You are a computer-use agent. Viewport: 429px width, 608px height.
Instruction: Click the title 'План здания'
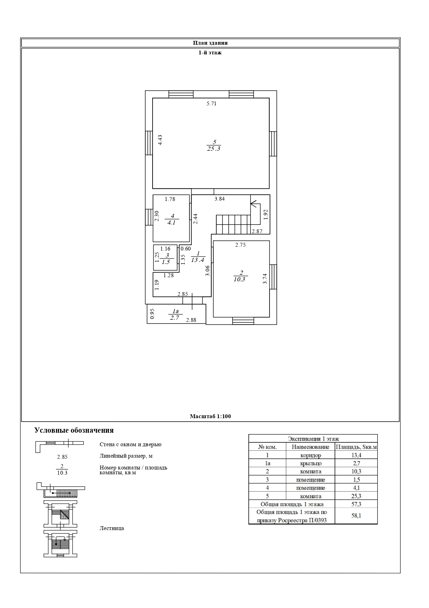pyautogui.click(x=210, y=43)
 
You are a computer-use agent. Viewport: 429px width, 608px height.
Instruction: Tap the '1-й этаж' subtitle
pyautogui.click(x=210, y=53)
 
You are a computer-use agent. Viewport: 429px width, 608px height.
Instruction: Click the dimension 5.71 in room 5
pyautogui.click(x=211, y=103)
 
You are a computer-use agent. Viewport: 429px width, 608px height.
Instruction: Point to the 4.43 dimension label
pyautogui.click(x=160, y=140)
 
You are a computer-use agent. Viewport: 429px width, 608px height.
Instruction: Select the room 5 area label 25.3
pyautogui.click(x=213, y=149)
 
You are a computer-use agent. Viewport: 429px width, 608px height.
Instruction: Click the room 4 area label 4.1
pyautogui.click(x=172, y=222)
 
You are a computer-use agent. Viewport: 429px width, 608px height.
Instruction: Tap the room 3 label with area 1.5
pyautogui.click(x=167, y=259)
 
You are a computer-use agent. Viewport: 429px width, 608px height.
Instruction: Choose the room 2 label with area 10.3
pyautogui.click(x=240, y=276)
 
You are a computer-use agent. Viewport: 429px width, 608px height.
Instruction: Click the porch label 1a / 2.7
pyautogui.click(x=175, y=315)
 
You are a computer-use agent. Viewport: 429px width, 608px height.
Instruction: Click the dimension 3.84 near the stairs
pyautogui.click(x=220, y=199)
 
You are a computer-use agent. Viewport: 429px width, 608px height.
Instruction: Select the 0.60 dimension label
pyautogui.click(x=186, y=248)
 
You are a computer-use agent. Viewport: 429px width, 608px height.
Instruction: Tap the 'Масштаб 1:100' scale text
pyautogui.click(x=210, y=416)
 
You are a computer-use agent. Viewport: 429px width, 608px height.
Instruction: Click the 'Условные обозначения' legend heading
pyautogui.click(x=74, y=430)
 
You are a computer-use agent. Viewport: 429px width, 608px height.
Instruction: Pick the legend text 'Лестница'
pyautogui.click(x=112, y=528)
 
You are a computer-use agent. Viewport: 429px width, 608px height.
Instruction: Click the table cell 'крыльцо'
pyautogui.click(x=311, y=463)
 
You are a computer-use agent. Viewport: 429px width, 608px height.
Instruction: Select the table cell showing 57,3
pyautogui.click(x=356, y=504)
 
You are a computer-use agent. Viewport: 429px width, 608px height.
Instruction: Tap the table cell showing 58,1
pyautogui.click(x=356, y=516)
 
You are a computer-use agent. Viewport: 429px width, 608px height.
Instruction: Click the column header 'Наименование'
pyautogui.click(x=310, y=447)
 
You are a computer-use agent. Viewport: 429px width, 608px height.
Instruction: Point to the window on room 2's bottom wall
pyautogui.click(x=243, y=321)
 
